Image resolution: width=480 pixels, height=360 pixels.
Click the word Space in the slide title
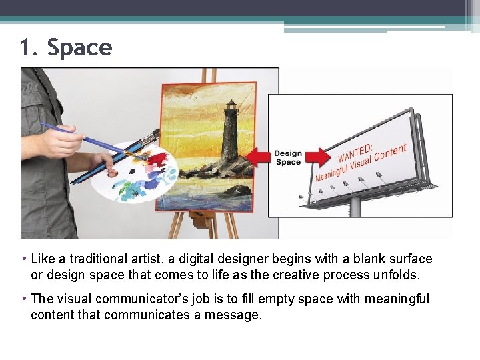(79, 48)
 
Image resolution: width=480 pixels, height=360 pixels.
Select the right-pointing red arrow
(318, 157)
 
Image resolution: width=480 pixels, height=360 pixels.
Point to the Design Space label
(288, 158)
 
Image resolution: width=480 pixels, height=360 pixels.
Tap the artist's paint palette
(133, 172)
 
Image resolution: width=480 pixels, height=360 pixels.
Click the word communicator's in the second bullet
(151, 299)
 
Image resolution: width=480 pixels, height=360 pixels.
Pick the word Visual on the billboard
(367, 163)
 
